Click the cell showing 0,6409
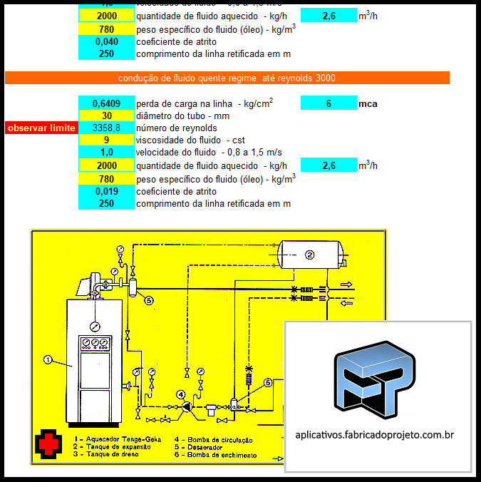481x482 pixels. [x=106, y=103]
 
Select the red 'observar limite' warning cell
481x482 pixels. [x=41, y=128]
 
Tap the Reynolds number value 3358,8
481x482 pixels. [x=106, y=128]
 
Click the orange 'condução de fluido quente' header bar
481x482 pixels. [x=227, y=78]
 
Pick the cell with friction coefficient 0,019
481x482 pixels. [x=106, y=191]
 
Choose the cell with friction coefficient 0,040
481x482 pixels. [x=106, y=41]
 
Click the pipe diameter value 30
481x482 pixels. [x=106, y=116]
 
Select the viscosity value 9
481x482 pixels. [x=106, y=140]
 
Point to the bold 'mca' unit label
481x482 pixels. [x=368, y=103]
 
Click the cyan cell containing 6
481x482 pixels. [x=329, y=103]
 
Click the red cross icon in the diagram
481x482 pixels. [x=48, y=443]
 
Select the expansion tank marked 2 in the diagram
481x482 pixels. [x=309, y=254]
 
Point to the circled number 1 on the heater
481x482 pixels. [x=48, y=360]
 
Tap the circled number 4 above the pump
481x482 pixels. [x=181, y=394]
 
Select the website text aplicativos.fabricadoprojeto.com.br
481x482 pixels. [x=375, y=434]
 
